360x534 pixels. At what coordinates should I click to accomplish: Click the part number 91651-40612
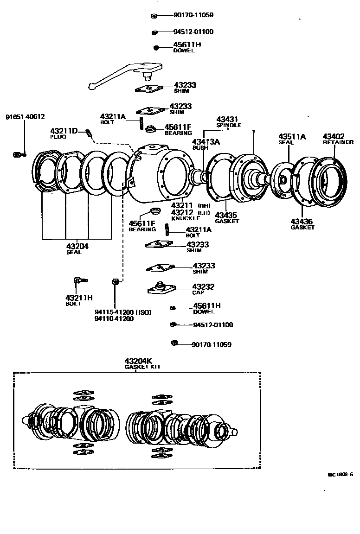[25, 117]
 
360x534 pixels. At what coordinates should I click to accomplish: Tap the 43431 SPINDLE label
[229, 122]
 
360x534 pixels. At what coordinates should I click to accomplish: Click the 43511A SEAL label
[292, 139]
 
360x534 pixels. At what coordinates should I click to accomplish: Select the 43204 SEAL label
[77, 248]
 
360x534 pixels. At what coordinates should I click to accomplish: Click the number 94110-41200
[114, 319]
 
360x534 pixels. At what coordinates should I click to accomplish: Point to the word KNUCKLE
[184, 218]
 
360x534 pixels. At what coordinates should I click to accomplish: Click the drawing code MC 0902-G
[340, 474]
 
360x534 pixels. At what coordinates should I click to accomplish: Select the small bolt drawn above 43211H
[79, 280]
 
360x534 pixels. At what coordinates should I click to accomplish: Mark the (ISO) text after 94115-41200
[143, 312]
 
